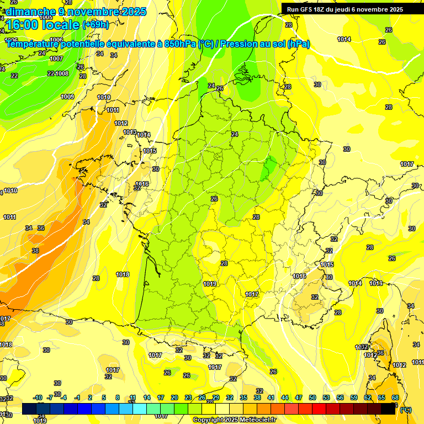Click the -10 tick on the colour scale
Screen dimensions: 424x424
click(38, 397)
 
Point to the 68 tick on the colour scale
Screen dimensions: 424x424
click(395, 397)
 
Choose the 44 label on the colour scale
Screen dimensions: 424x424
click(285, 397)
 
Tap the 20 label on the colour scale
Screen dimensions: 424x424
click(174, 397)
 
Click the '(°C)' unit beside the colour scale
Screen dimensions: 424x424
click(406, 410)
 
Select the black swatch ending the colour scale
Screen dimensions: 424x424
click(388, 409)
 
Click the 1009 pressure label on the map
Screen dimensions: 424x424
click(67, 97)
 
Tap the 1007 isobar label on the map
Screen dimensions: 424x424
click(56, 59)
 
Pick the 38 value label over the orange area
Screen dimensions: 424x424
click(35, 251)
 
